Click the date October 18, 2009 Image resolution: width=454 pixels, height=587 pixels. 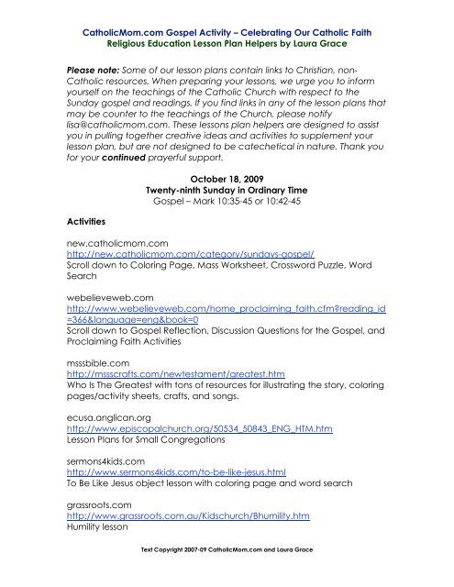coord(227,150)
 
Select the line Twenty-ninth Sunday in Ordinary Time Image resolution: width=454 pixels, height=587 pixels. coord(227,162)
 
